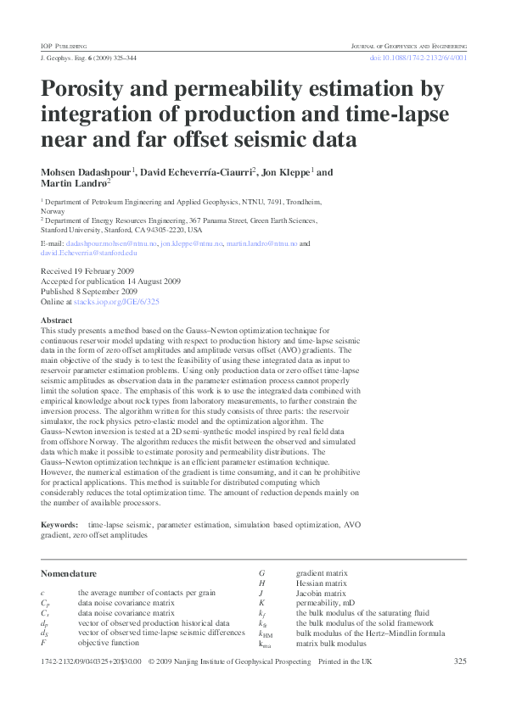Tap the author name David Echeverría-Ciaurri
[186, 171]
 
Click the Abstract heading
[56, 321]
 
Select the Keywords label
[59, 526]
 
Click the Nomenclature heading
[69, 573]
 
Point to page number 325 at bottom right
[460, 661]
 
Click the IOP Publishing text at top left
[64, 44]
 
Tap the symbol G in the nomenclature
[261, 574]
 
